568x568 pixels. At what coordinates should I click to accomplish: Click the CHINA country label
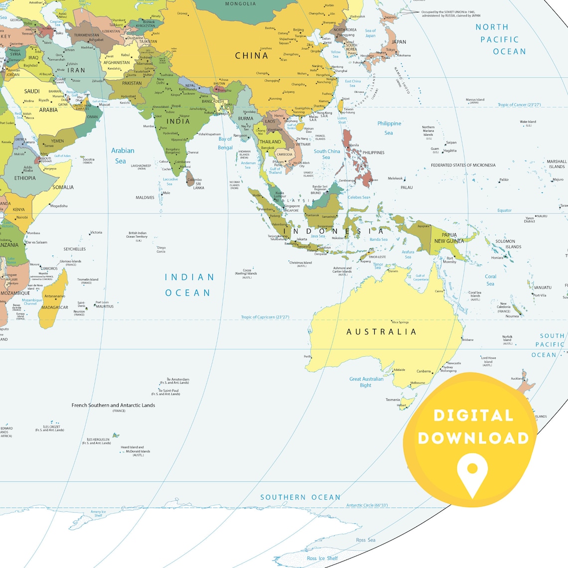coord(252,55)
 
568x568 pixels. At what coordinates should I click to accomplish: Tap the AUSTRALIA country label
coord(381,332)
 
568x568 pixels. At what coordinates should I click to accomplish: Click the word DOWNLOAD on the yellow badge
coord(473,438)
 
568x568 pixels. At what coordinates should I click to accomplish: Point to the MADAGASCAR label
coord(55,307)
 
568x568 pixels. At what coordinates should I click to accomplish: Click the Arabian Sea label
coord(122,155)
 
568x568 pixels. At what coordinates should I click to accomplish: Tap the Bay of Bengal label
coord(225,143)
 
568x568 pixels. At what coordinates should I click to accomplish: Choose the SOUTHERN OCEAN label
coord(300,497)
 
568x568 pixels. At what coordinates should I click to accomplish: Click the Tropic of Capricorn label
coord(265,317)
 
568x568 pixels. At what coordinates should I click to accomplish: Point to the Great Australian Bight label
coord(366,382)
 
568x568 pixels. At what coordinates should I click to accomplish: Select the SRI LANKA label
coord(198,186)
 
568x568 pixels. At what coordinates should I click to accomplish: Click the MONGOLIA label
coord(240,4)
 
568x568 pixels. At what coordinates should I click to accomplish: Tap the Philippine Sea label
coord(389,128)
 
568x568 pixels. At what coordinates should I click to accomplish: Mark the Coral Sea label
coord(491,280)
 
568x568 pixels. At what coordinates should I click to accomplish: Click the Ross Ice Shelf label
coord(322,559)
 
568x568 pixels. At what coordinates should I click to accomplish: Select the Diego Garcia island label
coord(161,250)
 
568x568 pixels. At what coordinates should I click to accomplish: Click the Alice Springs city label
coord(400,322)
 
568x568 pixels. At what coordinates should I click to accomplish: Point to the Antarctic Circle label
coord(367,505)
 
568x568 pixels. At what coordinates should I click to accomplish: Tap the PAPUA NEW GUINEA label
coord(449,238)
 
